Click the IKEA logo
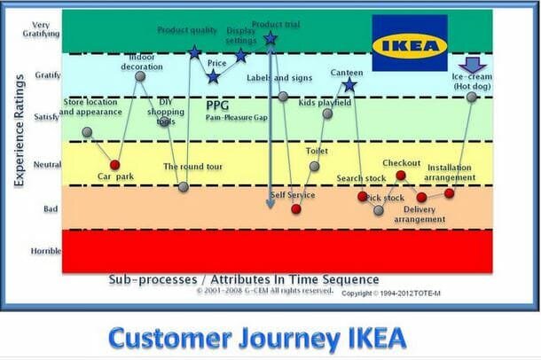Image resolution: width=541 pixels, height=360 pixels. coord(409,43)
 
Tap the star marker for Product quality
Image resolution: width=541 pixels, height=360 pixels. coord(194,52)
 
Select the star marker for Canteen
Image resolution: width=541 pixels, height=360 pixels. coord(349,85)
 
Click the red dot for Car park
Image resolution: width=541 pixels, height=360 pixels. coord(114,165)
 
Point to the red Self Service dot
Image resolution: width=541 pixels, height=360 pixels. coord(296,209)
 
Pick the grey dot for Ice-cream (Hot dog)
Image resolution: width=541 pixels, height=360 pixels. coord(472,96)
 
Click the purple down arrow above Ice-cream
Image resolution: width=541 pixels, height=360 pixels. coord(471,65)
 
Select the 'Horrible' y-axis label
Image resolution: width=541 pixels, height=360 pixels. coord(46,251)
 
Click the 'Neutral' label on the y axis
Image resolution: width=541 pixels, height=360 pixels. coord(47,165)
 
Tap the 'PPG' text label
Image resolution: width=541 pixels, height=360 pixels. coord(217,104)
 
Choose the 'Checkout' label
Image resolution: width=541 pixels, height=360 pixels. coord(401,163)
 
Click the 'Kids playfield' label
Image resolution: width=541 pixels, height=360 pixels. coord(325,103)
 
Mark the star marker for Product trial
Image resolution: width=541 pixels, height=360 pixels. coord(270,39)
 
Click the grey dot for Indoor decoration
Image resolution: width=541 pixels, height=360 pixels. coord(140,77)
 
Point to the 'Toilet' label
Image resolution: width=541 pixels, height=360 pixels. coord(317,151)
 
